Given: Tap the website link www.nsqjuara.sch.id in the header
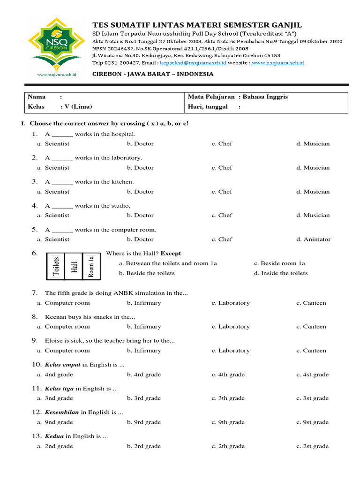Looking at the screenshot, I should [278, 62].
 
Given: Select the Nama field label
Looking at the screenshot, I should [37, 97].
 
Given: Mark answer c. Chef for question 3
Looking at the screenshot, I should [222, 192].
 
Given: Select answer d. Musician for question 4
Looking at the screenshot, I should [313, 216].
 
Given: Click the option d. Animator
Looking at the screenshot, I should [313, 240].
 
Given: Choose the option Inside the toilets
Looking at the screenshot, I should [281, 273].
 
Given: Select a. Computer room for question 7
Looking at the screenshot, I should [63, 303].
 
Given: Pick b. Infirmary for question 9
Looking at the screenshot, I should [144, 351].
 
